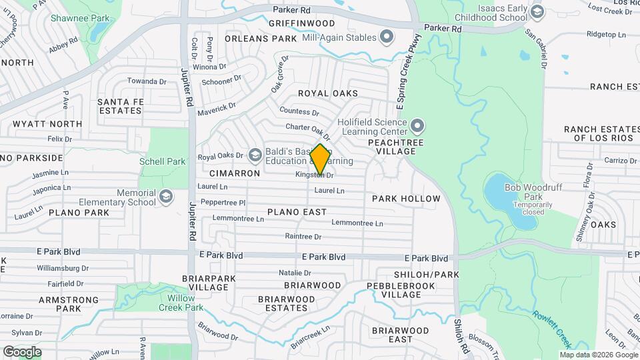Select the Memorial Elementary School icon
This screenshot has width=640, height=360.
(x=165, y=197)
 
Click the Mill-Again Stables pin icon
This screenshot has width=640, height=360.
(x=386, y=37)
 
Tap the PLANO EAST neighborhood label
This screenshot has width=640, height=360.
(x=297, y=212)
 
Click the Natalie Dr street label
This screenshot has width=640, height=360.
(x=295, y=273)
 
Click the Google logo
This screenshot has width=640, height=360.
(x=23, y=351)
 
